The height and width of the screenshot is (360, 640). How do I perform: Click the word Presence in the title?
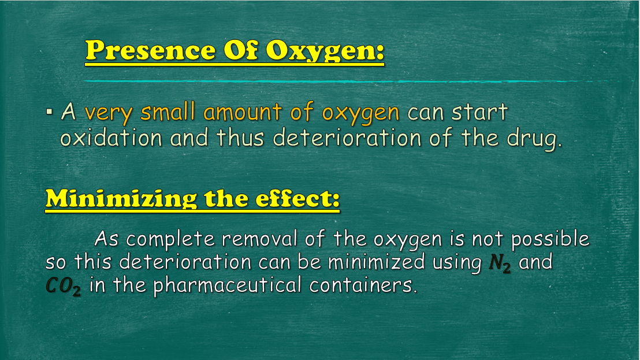pyautogui.click(x=150, y=50)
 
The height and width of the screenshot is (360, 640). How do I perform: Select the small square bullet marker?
pyautogui.click(x=50, y=112)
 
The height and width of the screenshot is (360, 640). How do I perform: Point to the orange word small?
pyautogui.click(x=168, y=112)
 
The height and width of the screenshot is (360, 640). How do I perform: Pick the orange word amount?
pyautogui.click(x=243, y=112)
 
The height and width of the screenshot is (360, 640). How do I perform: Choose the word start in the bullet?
pyautogui.click(x=479, y=112)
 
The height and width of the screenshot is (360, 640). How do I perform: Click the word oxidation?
pyautogui.click(x=111, y=137)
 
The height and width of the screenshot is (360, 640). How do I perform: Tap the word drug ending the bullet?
pyautogui.click(x=534, y=139)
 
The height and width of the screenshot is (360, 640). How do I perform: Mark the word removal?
pyautogui.click(x=259, y=239)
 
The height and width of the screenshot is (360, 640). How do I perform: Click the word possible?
pyautogui.click(x=550, y=239)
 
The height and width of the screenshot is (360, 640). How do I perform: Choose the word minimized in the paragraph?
pyautogui.click(x=377, y=262)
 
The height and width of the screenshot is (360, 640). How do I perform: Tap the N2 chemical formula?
pyautogui.click(x=500, y=263)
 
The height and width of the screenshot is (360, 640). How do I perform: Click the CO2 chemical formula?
pyautogui.click(x=64, y=286)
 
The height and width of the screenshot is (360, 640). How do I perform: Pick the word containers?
pyautogui.click(x=363, y=285)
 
